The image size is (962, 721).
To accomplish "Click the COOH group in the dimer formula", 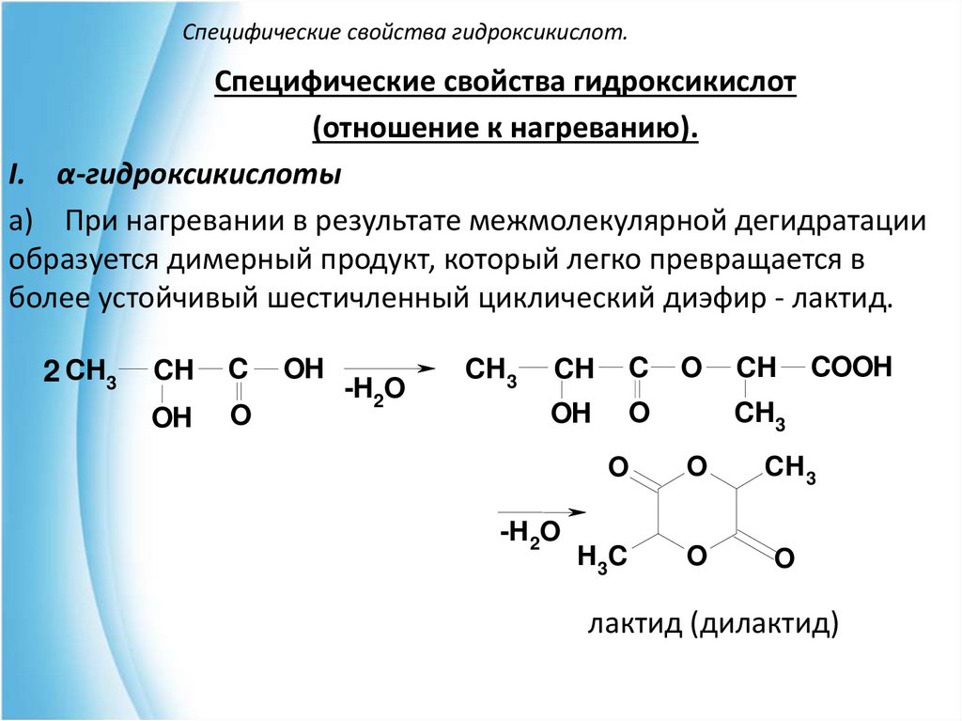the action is tap(851, 368).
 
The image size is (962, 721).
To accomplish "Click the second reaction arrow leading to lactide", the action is tap(540, 512).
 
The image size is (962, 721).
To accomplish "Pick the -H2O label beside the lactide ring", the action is tap(530, 534).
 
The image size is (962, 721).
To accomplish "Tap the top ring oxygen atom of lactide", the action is tap(695, 466).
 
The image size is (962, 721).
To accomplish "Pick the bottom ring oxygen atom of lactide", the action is tap(695, 556).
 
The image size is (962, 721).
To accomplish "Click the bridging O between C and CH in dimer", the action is tap(691, 368).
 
